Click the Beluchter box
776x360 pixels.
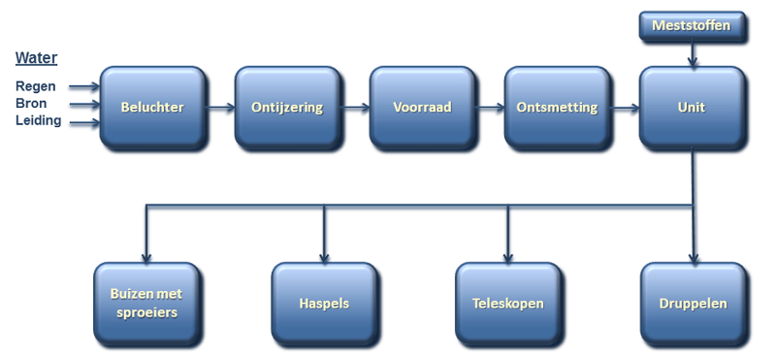click(x=152, y=107)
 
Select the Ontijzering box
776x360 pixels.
click(x=286, y=107)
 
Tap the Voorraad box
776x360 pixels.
click(x=422, y=107)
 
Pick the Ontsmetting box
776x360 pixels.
click(x=557, y=107)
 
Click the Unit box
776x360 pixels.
click(x=692, y=107)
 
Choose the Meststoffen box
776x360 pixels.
click(x=692, y=26)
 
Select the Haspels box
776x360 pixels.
click(x=324, y=304)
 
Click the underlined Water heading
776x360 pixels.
click(x=37, y=56)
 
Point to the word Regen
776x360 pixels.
click(x=36, y=86)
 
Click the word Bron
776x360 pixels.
click(x=33, y=104)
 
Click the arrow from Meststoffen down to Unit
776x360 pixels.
click(x=692, y=56)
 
